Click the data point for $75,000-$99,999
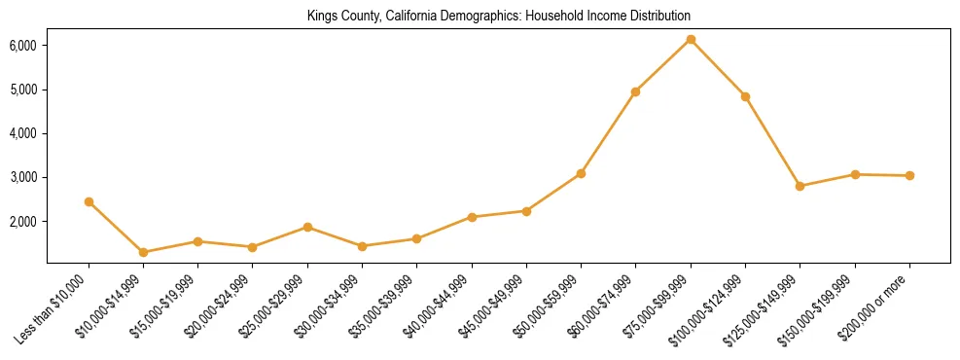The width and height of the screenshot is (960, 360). pos(691,40)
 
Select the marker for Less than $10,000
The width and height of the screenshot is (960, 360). pos(89,201)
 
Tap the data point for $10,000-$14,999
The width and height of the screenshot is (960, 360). pos(144,252)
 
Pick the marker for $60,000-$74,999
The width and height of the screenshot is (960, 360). pos(635,91)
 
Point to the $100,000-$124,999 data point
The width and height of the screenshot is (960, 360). pos(745,96)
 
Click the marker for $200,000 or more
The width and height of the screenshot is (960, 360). pos(909,176)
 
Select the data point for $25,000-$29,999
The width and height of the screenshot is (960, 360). pos(307,227)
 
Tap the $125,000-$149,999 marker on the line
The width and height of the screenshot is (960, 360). pos(800,186)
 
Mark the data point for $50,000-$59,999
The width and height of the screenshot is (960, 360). pos(581,173)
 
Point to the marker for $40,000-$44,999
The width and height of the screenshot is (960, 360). pos(472,217)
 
